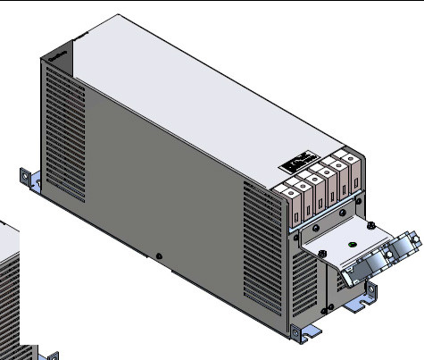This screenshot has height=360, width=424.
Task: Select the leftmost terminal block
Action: pyautogui.click(x=292, y=202)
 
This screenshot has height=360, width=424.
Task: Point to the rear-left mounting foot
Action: pyautogui.click(x=30, y=180)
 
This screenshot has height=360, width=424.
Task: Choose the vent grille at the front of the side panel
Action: pyautogui.click(x=265, y=253)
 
